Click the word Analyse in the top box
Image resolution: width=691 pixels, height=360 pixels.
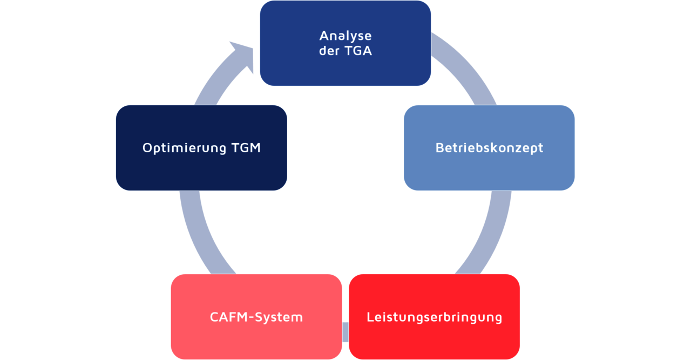(345, 36)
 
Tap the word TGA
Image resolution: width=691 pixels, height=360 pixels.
(358, 52)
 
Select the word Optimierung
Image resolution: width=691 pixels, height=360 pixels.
(184, 148)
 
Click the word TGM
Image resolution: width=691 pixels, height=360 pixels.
(245, 148)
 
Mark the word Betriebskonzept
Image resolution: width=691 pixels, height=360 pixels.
(489, 148)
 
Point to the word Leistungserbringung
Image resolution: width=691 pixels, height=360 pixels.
(435, 317)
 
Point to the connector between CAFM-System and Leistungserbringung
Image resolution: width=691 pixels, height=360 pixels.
(345, 331)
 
